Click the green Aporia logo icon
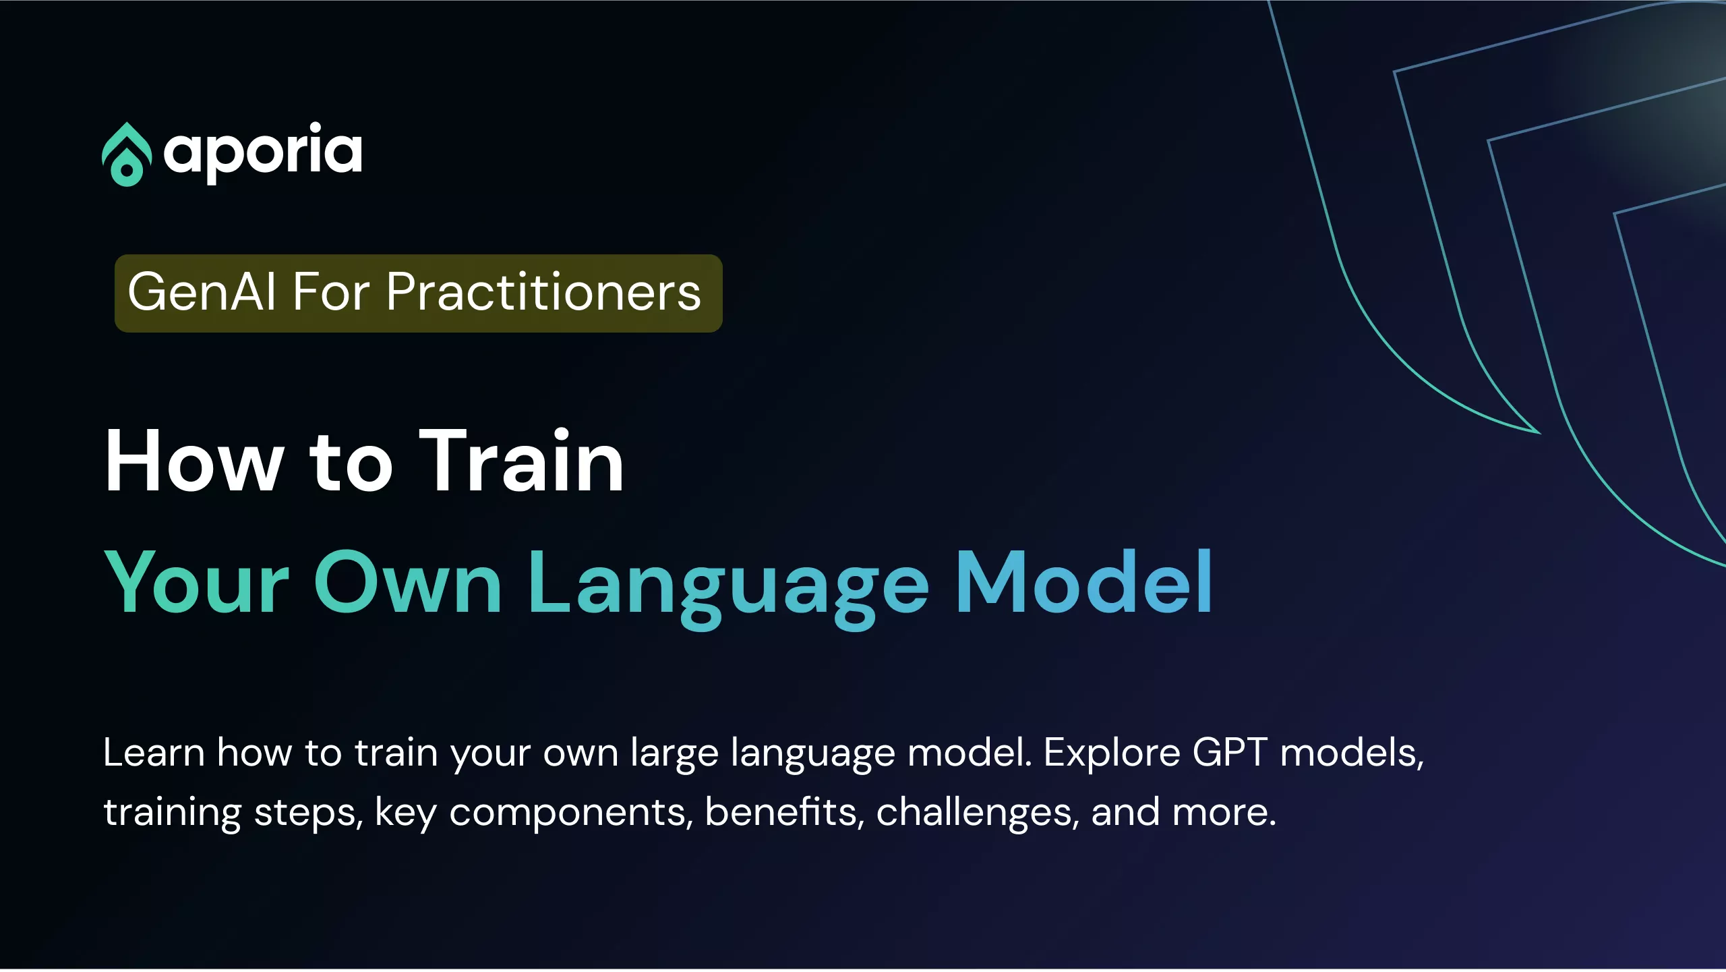point(126,154)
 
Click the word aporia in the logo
point(263,152)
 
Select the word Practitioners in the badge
point(543,292)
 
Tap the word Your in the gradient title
point(197,583)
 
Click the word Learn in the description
point(154,753)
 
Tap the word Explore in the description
point(1112,754)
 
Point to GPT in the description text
point(1230,753)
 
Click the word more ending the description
point(1219,813)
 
